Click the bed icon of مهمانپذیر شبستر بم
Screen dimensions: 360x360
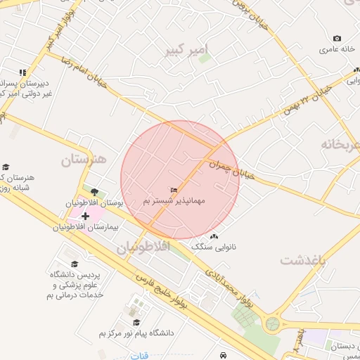point(174,191)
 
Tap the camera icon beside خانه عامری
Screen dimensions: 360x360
point(337,38)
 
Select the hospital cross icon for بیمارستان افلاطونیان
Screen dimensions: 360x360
point(85,214)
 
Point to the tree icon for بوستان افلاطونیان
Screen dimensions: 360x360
point(95,191)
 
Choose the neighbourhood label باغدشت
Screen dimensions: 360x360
point(304,259)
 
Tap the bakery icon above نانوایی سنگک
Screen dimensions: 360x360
point(214,236)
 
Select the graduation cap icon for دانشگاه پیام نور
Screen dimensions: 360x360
point(136,322)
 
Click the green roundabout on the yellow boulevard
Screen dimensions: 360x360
point(272,324)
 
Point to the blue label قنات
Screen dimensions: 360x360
point(139,355)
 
